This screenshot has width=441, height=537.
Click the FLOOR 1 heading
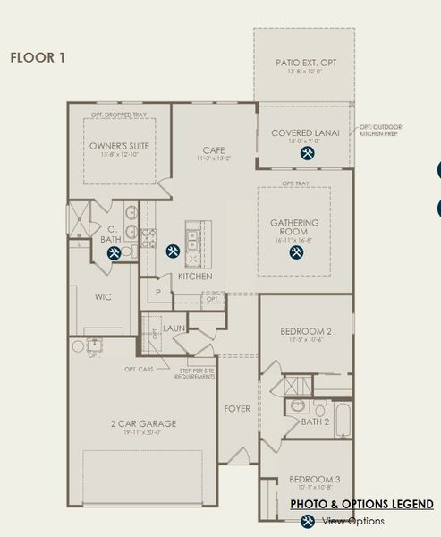37,58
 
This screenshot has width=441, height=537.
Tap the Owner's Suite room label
118,145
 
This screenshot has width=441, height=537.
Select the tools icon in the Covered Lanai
307,153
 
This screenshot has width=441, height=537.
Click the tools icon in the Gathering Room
295,252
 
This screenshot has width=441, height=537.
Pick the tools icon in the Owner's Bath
114,253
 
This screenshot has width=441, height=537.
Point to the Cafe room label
213,149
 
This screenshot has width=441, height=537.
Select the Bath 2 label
314,421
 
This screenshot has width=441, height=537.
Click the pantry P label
158,292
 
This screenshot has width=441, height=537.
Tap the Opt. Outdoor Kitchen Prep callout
379,132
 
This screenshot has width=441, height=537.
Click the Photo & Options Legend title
362,505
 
